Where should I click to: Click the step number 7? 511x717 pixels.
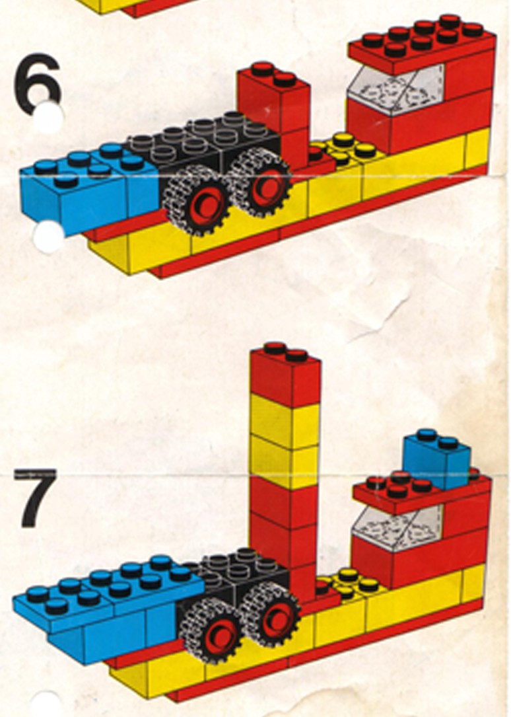pos(36,497)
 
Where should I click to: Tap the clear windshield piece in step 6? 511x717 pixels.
pos(395,89)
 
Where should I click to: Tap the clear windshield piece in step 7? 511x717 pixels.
pos(398,527)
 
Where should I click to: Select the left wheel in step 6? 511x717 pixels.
pos(199,201)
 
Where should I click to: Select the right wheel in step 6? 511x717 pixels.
pos(261,183)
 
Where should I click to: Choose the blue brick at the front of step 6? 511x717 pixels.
pos(86,188)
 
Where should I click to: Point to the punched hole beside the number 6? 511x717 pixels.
pos(48,116)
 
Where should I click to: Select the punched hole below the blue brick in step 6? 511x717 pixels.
pos(48,237)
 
